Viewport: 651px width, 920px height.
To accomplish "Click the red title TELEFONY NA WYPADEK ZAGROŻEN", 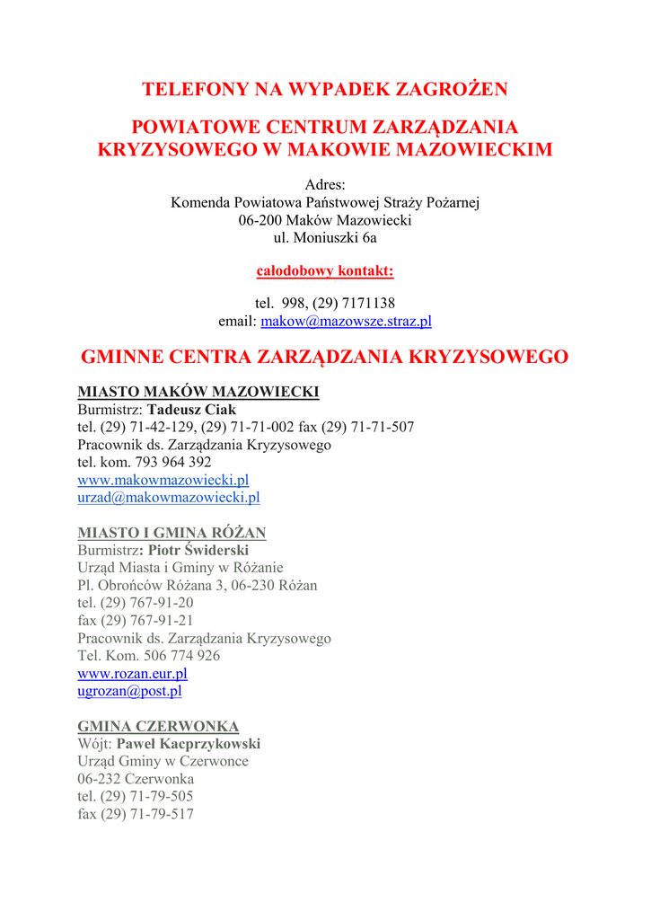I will pos(325,89).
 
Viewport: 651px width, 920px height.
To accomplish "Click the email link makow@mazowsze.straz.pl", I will pos(346,321).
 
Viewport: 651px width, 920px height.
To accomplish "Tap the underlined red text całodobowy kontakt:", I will pos(325,270).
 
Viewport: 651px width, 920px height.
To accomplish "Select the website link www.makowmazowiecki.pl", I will pos(163,480).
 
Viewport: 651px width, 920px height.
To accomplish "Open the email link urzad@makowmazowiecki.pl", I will pos(169,497).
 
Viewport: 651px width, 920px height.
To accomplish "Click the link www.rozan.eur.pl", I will pos(132,673).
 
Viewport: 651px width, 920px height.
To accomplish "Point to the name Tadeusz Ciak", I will pos(191,410).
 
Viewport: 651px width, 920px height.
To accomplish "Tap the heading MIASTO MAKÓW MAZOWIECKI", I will pos(198,392).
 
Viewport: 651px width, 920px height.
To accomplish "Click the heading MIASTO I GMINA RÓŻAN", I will pos(172,533).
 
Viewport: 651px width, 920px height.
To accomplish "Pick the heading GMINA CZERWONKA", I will pos(158,726).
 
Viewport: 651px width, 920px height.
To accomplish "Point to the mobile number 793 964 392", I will pos(173,462).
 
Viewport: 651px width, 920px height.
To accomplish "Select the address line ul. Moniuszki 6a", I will pos(325,238).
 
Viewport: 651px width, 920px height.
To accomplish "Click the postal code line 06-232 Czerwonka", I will pos(136,779).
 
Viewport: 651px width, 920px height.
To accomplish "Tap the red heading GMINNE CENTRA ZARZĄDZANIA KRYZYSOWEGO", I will pos(325,357).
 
